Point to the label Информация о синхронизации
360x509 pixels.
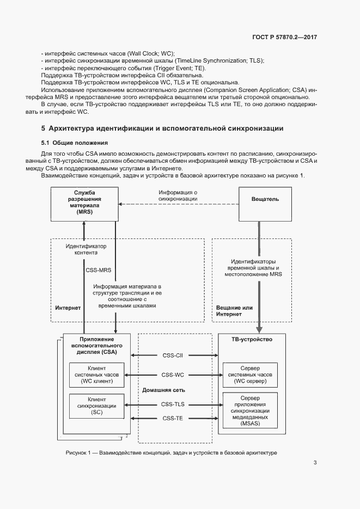click(178, 196)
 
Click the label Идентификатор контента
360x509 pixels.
click(86, 249)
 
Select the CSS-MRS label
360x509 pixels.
click(98, 270)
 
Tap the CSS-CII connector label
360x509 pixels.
click(172, 355)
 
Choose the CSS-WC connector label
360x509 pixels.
click(172, 375)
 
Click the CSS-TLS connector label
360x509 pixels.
click(173, 404)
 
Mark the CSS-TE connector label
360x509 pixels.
click(172, 418)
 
